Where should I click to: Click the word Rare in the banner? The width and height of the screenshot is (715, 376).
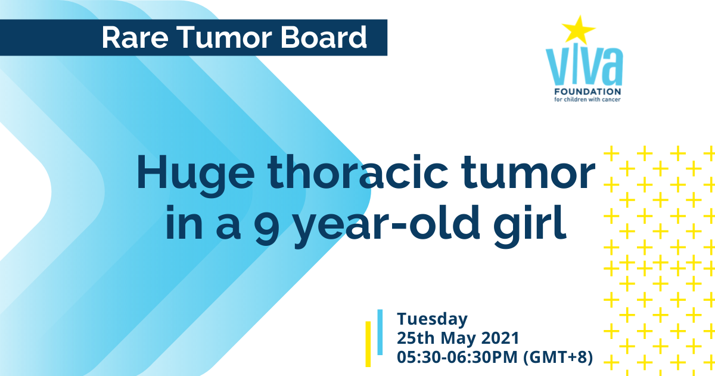click(135, 38)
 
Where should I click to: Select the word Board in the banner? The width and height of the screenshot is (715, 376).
click(324, 38)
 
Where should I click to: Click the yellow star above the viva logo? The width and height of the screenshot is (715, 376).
click(579, 30)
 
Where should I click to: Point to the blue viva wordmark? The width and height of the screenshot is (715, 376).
click(584, 66)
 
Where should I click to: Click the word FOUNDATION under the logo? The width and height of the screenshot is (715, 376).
click(587, 92)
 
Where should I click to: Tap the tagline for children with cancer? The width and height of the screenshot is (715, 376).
click(587, 100)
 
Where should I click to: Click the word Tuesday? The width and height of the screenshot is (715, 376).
click(432, 319)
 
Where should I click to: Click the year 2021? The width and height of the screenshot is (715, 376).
click(500, 338)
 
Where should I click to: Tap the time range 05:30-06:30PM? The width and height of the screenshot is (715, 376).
click(457, 357)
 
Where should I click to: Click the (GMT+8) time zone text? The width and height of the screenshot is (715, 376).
click(558, 357)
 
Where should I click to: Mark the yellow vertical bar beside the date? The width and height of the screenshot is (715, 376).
click(368, 344)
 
